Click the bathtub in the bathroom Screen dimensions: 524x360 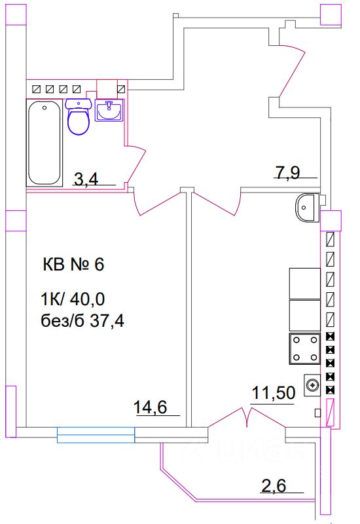[x=44, y=142]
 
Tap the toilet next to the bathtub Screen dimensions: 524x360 [x=79, y=119]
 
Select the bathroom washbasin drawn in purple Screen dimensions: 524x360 [x=109, y=112]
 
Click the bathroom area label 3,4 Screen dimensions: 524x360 [x=86, y=179]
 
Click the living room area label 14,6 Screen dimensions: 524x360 [x=151, y=407]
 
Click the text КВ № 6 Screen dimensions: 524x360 [x=73, y=265]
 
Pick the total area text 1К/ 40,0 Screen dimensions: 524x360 [x=73, y=300]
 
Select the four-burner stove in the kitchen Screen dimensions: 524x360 [x=304, y=348]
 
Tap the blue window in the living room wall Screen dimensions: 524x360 [x=96, y=434]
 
